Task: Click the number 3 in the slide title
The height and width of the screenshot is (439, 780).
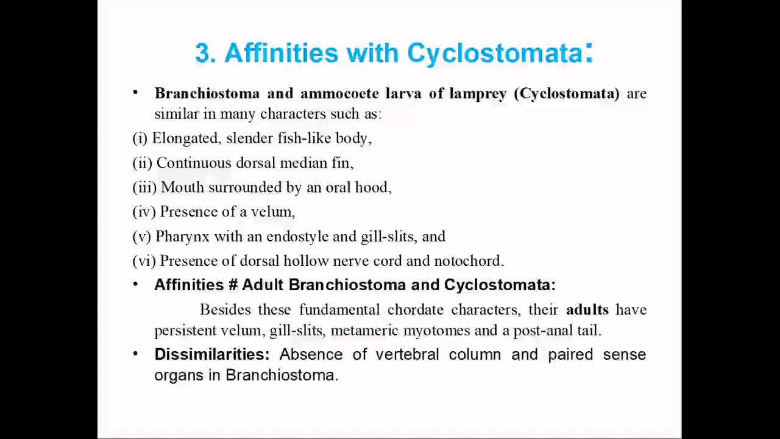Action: [x=204, y=53]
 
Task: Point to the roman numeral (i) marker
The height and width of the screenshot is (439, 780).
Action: [x=140, y=138]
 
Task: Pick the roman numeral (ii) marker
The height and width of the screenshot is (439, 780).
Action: [x=143, y=163]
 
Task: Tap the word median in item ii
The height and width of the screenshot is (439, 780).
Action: [x=303, y=163]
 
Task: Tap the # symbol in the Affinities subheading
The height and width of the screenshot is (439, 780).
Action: [x=233, y=285]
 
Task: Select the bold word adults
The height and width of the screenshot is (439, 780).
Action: [x=587, y=309]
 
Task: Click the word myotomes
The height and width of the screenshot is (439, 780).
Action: [x=436, y=330]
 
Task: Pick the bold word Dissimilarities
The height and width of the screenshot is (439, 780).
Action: [x=212, y=354]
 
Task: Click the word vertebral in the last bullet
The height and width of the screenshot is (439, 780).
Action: [x=407, y=354]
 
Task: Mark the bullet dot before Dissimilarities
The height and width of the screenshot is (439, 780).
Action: [x=135, y=354]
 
